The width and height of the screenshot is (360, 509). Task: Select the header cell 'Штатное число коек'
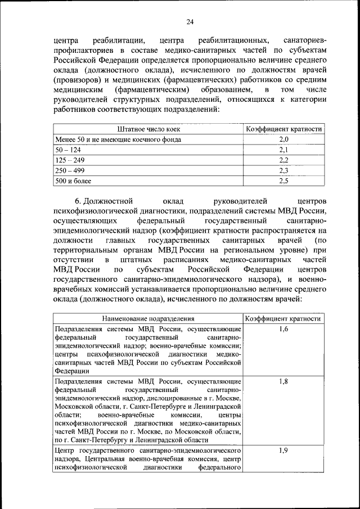click(x=148, y=129)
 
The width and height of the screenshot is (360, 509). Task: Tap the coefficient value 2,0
click(x=283, y=139)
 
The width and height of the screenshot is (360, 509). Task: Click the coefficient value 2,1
click(x=283, y=150)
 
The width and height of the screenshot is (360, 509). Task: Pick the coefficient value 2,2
click(x=283, y=160)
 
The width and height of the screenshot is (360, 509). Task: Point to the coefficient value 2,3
click(x=283, y=170)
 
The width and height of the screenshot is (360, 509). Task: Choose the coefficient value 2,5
click(x=283, y=181)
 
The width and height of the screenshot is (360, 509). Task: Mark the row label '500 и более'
click(x=73, y=181)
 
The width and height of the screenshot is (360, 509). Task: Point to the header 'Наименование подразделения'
click(x=148, y=318)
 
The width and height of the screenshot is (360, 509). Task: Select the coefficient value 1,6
click(x=283, y=329)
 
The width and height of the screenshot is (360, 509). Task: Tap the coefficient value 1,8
click(x=283, y=381)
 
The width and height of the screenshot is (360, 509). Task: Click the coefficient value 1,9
click(x=283, y=451)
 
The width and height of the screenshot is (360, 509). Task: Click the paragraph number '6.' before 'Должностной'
click(x=79, y=200)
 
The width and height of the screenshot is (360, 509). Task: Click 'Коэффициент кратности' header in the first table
click(x=283, y=129)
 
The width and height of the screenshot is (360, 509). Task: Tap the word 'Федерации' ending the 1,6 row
click(x=69, y=371)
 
